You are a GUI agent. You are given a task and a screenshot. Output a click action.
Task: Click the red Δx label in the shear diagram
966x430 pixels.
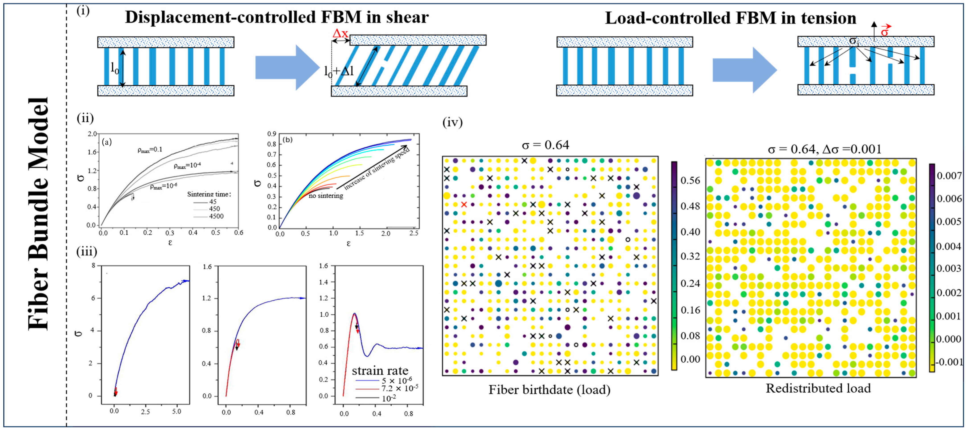click(x=340, y=33)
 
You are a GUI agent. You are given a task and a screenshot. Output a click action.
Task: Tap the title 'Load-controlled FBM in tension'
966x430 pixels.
click(x=730, y=18)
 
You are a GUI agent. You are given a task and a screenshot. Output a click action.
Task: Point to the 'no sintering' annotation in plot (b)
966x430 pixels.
click(x=326, y=196)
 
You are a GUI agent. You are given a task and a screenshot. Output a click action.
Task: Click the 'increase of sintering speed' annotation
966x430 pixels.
click(x=377, y=170)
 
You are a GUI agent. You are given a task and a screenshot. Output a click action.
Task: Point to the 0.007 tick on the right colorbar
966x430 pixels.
click(x=949, y=175)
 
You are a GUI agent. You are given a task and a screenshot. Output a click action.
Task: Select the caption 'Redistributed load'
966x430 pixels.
click(x=818, y=388)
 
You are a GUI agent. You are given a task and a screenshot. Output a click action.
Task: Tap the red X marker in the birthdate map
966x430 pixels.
click(x=464, y=204)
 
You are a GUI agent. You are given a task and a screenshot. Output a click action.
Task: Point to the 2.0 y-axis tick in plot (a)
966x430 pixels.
click(x=92, y=134)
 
